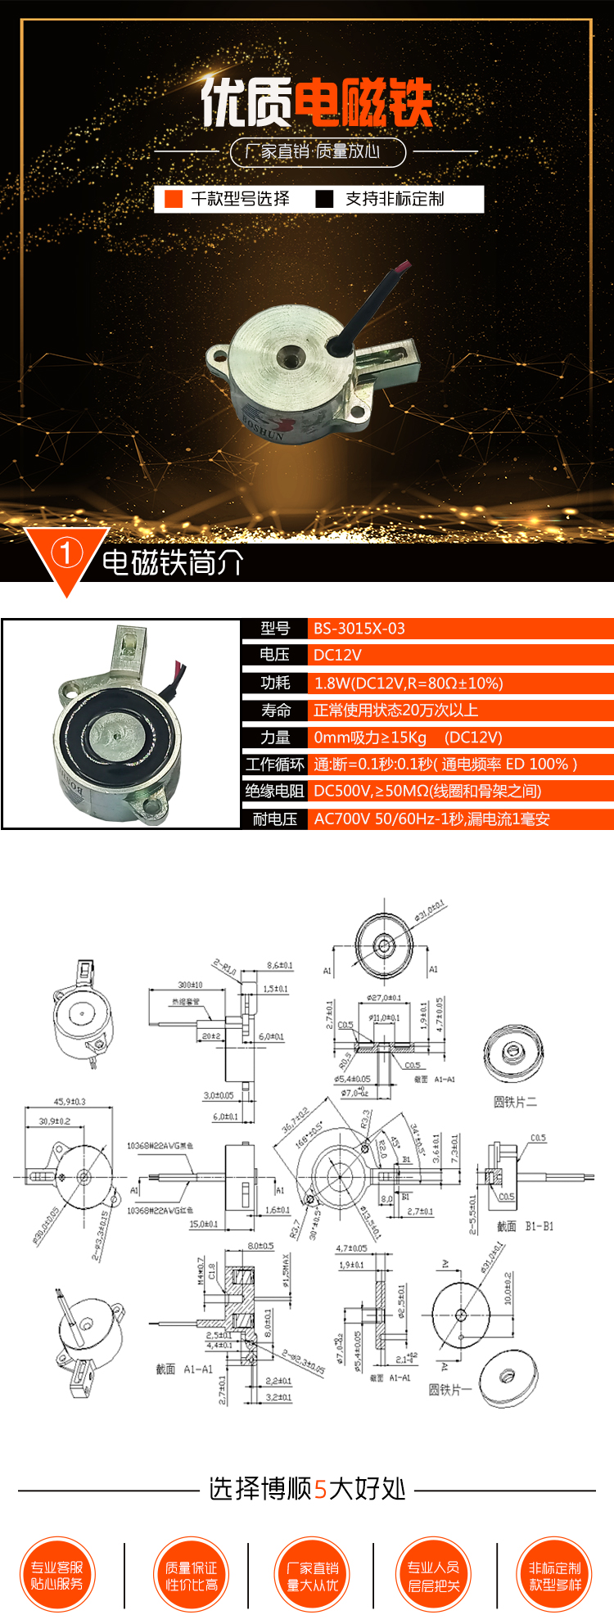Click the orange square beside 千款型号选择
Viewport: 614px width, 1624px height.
tap(173, 199)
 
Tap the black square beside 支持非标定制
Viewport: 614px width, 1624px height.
tap(325, 199)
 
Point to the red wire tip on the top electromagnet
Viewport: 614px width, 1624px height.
tap(403, 267)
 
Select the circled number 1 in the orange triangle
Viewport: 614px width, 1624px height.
tap(66, 553)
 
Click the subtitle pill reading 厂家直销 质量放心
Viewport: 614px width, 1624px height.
tap(318, 151)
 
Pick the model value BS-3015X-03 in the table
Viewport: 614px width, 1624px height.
tap(359, 629)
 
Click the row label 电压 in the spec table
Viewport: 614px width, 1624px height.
tap(274, 655)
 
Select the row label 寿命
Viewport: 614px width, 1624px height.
tap(275, 710)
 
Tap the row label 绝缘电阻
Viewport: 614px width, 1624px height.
tap(274, 791)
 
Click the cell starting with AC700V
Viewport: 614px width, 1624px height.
tap(431, 819)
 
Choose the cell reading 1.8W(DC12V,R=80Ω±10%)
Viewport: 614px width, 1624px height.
tap(409, 683)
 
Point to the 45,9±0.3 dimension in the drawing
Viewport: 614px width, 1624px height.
tap(70, 1102)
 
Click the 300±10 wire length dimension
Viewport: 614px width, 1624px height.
tap(190, 985)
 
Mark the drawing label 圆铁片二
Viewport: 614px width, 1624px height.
tap(515, 1102)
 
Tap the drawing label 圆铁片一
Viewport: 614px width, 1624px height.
tap(449, 1389)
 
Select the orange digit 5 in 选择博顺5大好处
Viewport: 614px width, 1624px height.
tap(320, 1489)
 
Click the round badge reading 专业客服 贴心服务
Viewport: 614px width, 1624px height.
tap(57, 1575)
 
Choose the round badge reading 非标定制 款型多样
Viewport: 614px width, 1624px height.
tap(554, 1575)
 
